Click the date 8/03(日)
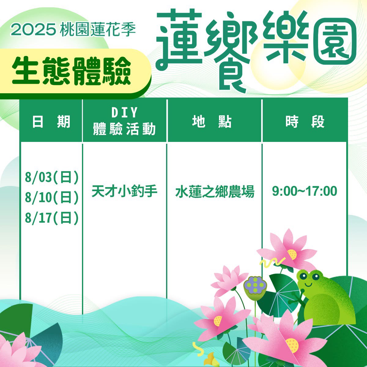click(52, 177)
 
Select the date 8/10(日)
click(52, 198)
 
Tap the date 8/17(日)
click(52, 218)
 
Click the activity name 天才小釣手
click(124, 191)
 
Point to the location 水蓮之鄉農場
click(215, 191)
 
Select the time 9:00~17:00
click(305, 191)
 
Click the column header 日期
click(51, 121)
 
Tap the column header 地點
click(212, 121)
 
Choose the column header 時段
click(305, 121)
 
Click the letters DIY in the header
click(124, 113)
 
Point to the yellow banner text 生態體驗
click(72, 71)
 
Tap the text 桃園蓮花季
click(98, 30)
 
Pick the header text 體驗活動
click(124, 129)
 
